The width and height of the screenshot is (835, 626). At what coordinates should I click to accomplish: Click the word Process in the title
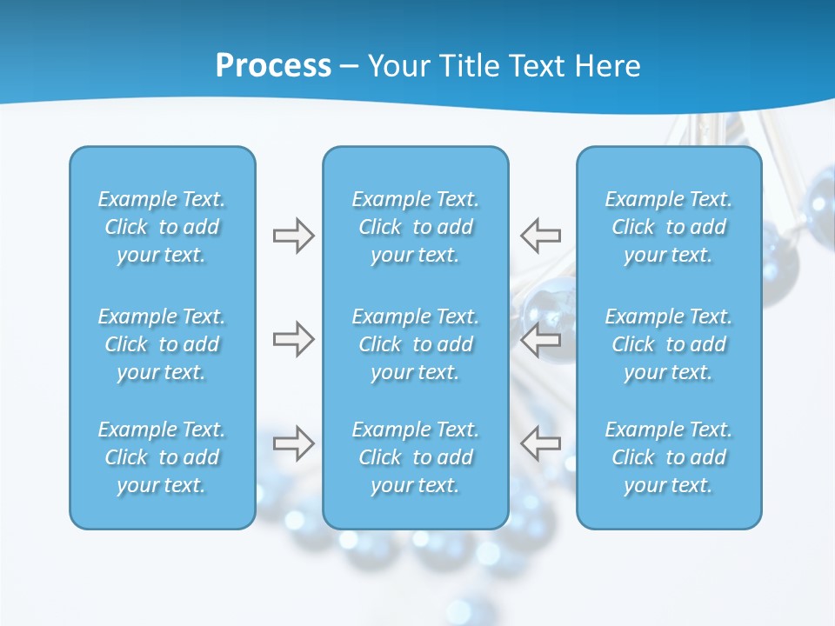[273, 66]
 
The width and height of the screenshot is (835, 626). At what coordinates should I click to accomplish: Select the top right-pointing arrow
[293, 236]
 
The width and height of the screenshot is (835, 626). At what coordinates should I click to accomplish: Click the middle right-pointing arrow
[293, 339]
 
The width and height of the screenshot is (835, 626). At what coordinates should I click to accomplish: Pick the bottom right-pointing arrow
[293, 443]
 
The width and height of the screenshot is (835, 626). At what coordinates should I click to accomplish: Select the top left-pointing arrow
[541, 236]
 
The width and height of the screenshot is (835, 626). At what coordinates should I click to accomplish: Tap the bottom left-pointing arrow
[541, 443]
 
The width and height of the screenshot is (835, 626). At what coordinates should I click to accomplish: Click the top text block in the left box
[162, 227]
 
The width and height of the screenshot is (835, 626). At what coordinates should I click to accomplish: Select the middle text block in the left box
[162, 344]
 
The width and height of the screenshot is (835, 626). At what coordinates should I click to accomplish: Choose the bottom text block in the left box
[162, 457]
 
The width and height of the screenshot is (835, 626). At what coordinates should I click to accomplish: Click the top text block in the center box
[415, 227]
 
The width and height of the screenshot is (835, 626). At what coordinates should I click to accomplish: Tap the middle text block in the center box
[415, 344]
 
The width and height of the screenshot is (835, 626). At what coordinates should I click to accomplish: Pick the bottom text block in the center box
[415, 457]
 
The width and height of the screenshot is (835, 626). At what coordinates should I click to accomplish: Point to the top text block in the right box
[668, 227]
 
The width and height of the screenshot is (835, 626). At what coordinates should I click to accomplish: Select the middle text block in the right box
[668, 344]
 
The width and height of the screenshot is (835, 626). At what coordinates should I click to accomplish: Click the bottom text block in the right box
[668, 457]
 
